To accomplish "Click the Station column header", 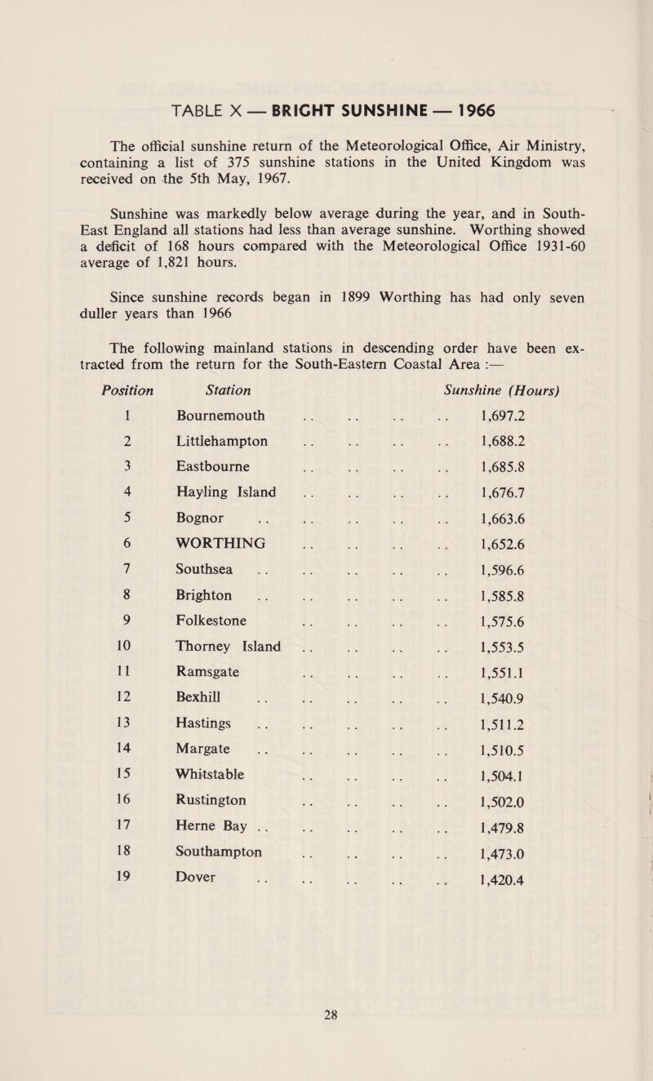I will tap(201, 381).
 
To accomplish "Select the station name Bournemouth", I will tap(220, 415).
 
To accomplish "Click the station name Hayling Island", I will tap(224, 492).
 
